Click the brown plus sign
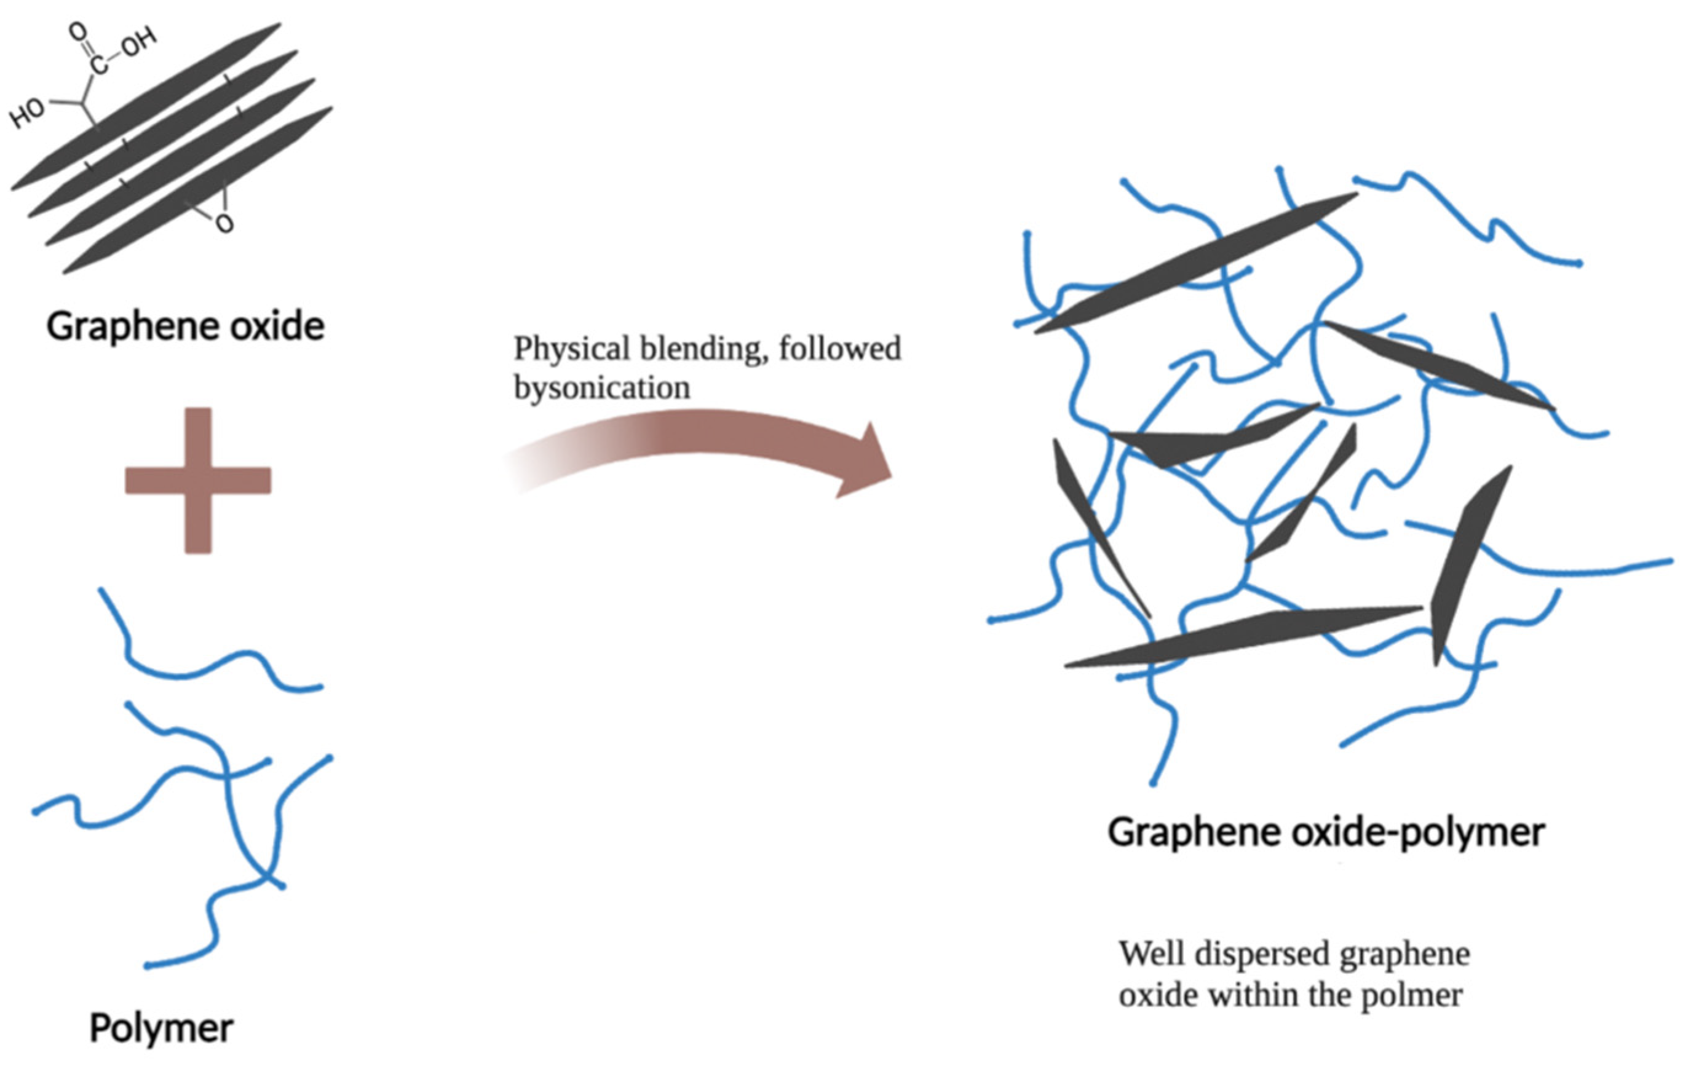point(198,480)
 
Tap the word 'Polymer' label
point(162,1029)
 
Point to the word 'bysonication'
point(602,388)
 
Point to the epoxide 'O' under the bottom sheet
point(224,224)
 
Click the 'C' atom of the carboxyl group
point(100,65)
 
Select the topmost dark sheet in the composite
point(1194,263)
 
